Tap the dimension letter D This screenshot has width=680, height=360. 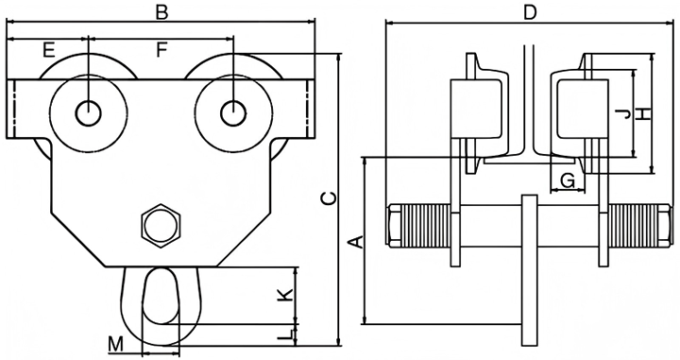[x=530, y=12]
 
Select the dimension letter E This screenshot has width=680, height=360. [x=49, y=50]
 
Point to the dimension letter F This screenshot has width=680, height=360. [x=161, y=50]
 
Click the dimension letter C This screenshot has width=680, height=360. [x=329, y=197]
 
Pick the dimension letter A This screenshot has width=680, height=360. [x=356, y=242]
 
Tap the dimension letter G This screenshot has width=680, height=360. [x=568, y=180]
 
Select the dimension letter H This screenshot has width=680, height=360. [x=644, y=113]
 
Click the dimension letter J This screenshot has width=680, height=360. [x=623, y=114]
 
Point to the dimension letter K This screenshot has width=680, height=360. [x=285, y=295]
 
